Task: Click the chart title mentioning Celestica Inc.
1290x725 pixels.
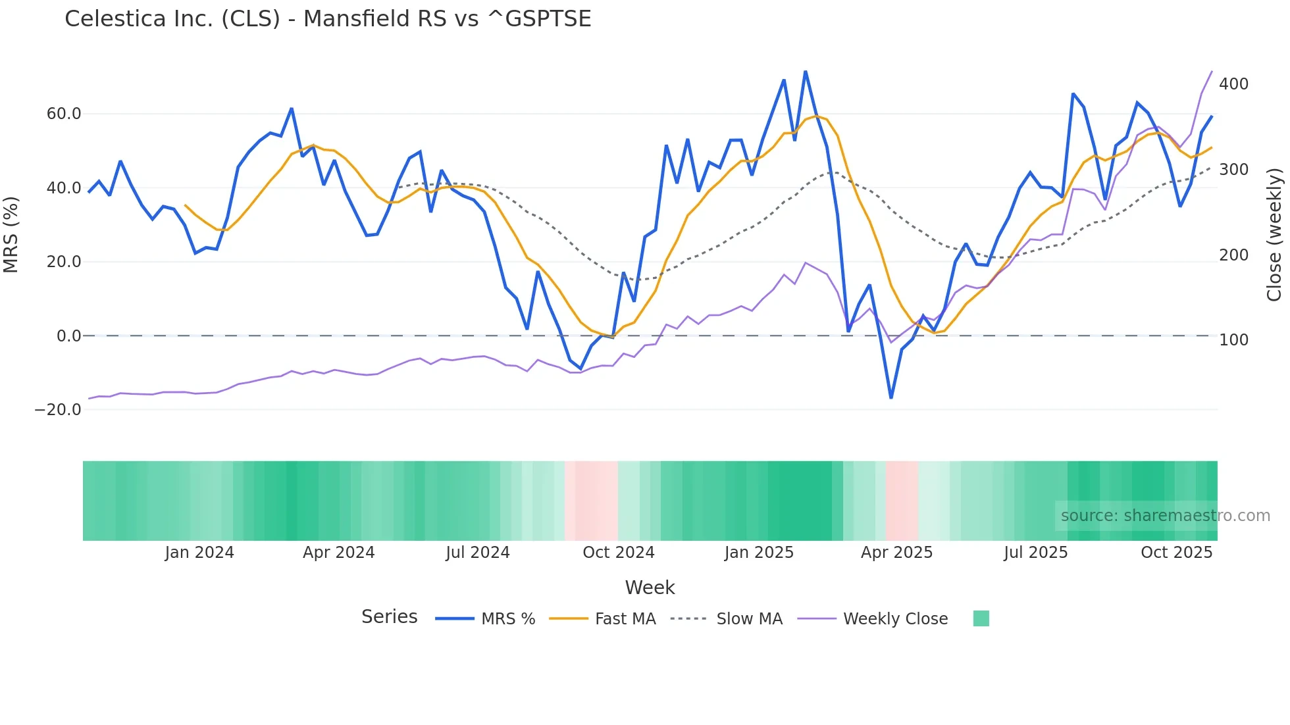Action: coord(328,18)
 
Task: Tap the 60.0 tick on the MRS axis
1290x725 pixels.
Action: coord(64,114)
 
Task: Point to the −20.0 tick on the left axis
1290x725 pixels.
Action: coord(59,410)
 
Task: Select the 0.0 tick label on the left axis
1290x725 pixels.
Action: coord(68,336)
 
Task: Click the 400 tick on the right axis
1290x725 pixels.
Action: coord(1233,84)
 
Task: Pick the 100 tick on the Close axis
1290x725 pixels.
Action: coord(1233,340)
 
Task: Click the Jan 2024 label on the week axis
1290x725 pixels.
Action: coord(199,553)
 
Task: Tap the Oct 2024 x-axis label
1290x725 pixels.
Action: coord(619,553)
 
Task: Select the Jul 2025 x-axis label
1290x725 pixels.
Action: coord(1036,553)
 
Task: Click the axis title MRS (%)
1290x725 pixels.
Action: coord(11,234)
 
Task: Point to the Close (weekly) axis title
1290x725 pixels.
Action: coord(1275,234)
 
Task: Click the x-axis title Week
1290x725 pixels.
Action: coord(650,587)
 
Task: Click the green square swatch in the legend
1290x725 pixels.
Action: coord(981,618)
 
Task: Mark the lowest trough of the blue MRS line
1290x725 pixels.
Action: coord(891,398)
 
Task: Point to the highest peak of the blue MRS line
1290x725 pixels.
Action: coord(806,71)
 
